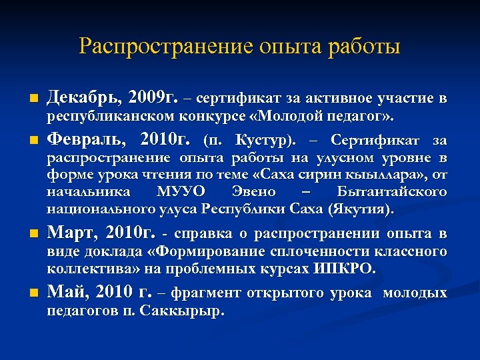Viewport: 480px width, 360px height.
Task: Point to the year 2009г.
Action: [152, 99]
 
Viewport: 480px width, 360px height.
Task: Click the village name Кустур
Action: [267, 141]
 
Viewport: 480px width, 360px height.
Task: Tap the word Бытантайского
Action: [391, 192]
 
